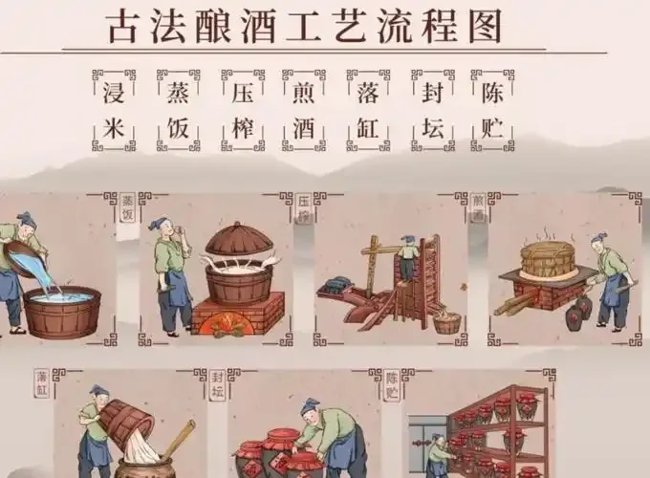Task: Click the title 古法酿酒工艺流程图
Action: [303, 26]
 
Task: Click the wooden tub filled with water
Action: [62, 311]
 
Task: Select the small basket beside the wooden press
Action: [446, 322]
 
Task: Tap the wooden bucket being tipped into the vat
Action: [125, 421]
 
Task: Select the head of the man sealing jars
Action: [310, 408]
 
